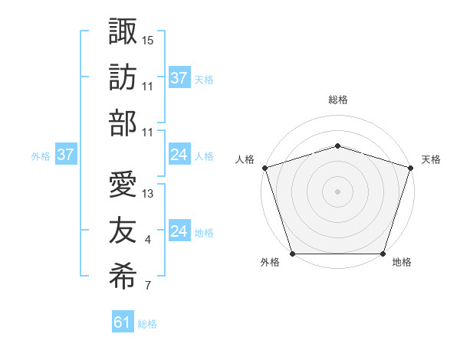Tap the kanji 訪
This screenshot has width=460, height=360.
point(123,77)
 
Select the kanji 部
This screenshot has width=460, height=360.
point(123,123)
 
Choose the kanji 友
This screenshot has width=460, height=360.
point(123,230)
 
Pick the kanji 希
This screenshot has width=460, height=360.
point(123,277)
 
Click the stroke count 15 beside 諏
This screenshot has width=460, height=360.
point(148,39)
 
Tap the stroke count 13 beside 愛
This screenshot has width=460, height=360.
point(148,193)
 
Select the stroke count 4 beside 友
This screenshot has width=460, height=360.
point(148,241)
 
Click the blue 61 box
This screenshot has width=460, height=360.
point(123,322)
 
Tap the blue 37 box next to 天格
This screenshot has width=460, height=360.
point(179,77)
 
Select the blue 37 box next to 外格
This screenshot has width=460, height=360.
point(65,155)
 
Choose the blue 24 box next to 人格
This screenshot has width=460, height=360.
point(179,155)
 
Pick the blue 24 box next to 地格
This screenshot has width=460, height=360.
point(179,231)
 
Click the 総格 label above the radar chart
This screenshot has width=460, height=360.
point(337,100)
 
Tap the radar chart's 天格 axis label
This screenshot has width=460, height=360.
point(431,159)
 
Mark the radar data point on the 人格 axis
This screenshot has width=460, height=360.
point(264,167)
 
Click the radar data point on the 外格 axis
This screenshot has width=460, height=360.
point(292,254)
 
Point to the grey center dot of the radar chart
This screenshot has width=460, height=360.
point(337,191)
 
